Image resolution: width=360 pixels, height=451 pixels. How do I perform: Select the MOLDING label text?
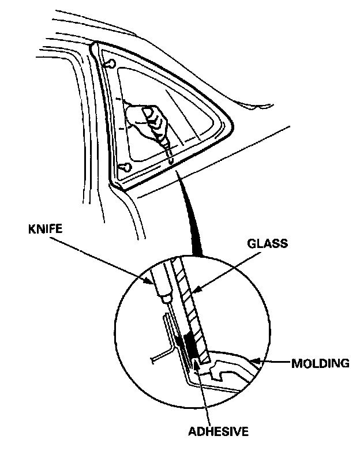tap(321, 364)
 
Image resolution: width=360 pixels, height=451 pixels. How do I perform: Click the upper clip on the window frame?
tap(112, 62)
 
